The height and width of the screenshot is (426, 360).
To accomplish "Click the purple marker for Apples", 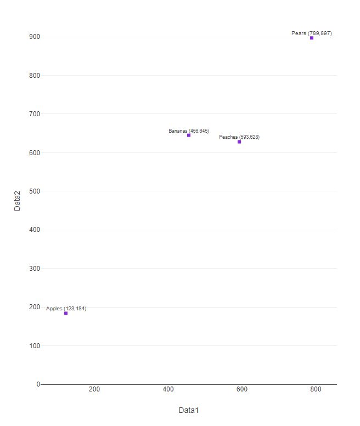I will pos(66,313).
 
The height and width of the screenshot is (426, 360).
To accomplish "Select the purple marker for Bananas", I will pos(189,135).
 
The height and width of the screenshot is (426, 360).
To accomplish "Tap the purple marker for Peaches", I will pos(239,141).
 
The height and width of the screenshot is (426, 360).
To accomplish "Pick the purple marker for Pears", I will pos(312,38).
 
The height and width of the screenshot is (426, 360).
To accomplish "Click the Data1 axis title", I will pos(188,410).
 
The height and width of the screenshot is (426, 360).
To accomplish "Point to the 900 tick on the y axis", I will pos(35,37).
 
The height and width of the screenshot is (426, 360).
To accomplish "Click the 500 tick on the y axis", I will pos(35,191).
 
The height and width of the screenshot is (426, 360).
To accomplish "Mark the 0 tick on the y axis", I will pos(38,384).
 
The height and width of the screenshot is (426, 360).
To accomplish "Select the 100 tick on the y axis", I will pos(35,346).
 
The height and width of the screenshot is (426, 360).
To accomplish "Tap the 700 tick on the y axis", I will pos(35,114).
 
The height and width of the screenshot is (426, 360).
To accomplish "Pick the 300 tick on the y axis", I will pos(35,269).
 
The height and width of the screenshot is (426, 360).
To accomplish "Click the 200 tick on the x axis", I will pos(94,389).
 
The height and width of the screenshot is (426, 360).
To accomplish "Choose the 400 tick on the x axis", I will pos(168,389).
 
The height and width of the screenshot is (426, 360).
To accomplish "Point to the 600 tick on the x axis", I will pos(242,389).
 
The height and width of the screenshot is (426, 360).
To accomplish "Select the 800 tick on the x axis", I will pos(316,389).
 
